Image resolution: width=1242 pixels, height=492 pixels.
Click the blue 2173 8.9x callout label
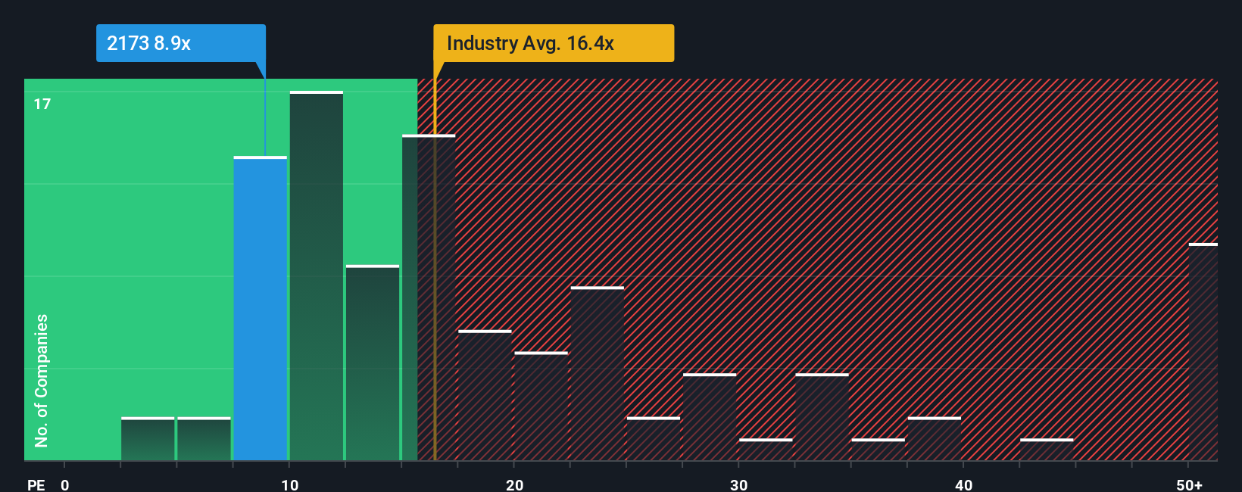click(x=180, y=43)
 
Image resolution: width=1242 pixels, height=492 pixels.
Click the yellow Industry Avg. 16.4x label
click(x=553, y=43)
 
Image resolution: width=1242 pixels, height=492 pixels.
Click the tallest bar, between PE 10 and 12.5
click(x=317, y=276)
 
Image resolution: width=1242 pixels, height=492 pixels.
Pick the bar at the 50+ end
click(x=1203, y=352)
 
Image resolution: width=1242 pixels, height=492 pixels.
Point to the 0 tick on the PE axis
click(x=65, y=484)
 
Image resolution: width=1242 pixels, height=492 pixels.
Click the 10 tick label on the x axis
click(x=289, y=484)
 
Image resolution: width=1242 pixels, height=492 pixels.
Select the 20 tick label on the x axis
click(x=514, y=484)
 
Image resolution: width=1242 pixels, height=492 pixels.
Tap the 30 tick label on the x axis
click(x=738, y=484)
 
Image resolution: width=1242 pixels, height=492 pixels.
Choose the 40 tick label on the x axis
click(x=963, y=484)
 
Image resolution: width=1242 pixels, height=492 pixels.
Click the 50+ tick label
click(x=1189, y=484)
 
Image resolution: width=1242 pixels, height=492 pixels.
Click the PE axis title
click(x=36, y=484)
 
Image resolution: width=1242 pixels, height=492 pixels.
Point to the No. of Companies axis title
click(x=42, y=380)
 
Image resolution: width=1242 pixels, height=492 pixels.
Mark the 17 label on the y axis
click(x=42, y=104)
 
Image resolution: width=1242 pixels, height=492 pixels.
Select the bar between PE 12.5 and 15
click(x=373, y=363)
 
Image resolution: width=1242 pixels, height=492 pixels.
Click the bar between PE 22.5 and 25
click(x=598, y=374)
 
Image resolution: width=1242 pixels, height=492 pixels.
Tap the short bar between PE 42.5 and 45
click(x=1047, y=450)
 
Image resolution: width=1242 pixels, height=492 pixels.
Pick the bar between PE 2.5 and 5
click(x=148, y=439)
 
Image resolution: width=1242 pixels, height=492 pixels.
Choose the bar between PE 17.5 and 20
click(x=485, y=395)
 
